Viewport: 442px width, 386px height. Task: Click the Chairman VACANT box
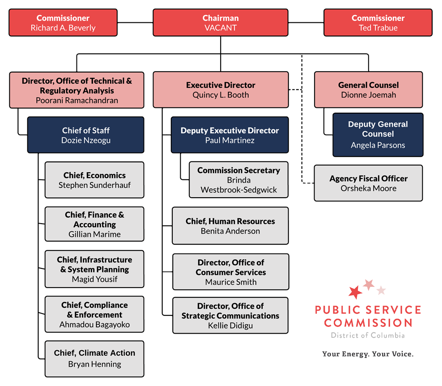(221, 22)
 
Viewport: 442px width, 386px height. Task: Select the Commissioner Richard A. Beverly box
(63, 22)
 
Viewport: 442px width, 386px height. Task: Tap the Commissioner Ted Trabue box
(378, 22)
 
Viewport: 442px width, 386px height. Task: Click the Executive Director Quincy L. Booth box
(221, 89)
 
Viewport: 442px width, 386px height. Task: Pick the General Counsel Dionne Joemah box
(369, 89)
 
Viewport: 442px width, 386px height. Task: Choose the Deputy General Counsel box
(378, 135)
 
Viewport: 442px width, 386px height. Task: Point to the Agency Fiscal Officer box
(369, 183)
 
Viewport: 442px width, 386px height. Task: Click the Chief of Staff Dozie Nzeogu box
(86, 135)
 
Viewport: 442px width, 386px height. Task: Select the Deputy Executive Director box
(230, 135)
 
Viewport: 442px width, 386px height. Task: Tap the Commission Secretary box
(239, 180)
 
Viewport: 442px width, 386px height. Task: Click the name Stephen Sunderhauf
(94, 185)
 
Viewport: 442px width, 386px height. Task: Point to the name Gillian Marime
(94, 234)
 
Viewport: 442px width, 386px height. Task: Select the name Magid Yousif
(94, 279)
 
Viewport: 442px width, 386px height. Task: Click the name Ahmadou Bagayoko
(94, 325)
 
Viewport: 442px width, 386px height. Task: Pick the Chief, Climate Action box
(94, 359)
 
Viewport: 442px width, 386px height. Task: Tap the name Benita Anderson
(230, 231)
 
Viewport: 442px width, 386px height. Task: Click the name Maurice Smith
(231, 282)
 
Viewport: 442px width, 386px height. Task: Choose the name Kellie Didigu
(230, 326)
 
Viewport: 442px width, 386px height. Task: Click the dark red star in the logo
(355, 292)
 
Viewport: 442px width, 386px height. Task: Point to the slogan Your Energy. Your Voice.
(368, 354)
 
